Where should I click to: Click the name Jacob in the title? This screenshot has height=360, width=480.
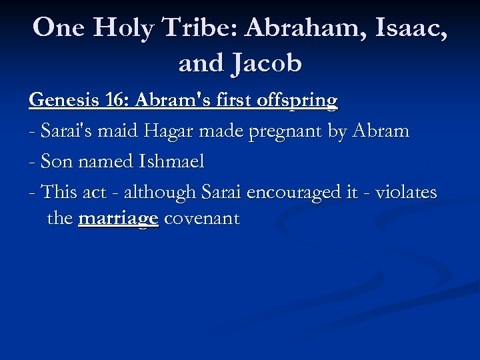(x=267, y=63)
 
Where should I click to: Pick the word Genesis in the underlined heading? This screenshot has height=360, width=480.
(x=63, y=100)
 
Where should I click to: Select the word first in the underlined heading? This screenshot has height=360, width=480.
(x=232, y=100)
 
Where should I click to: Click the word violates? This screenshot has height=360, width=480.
(x=407, y=193)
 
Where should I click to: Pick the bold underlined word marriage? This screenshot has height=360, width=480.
(x=118, y=219)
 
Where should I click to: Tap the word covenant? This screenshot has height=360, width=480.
(x=201, y=219)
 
